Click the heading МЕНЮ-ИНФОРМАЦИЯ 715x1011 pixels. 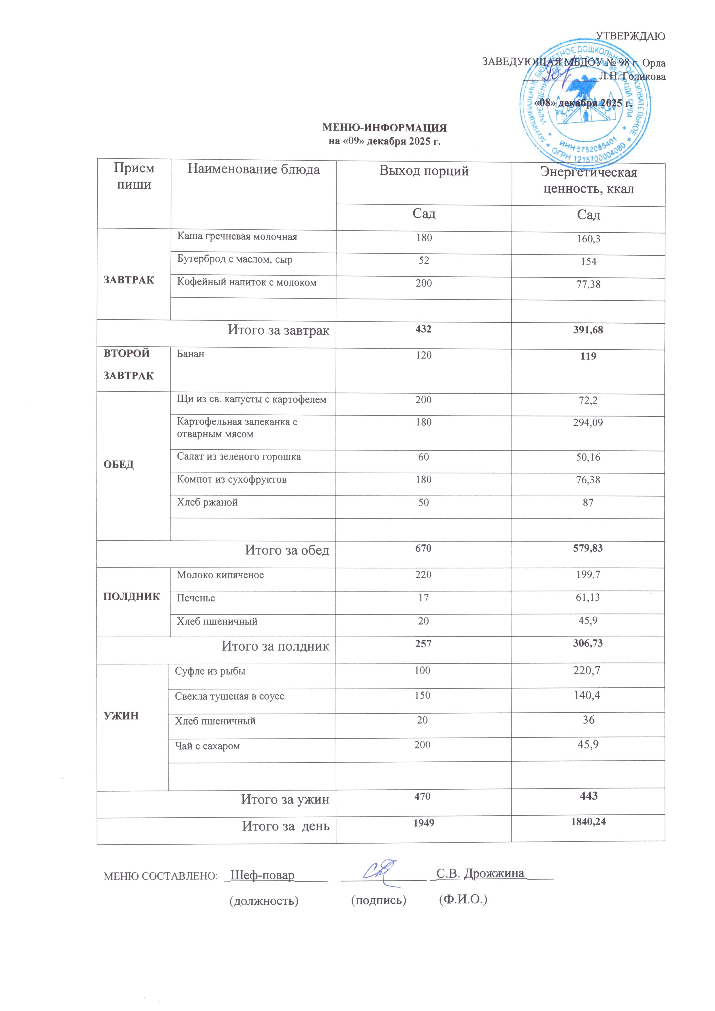coord(384,128)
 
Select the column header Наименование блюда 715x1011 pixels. coord(254,169)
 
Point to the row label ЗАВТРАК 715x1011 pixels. coord(129,280)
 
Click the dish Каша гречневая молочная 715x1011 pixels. coord(237,237)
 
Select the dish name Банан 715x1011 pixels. coord(190,354)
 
